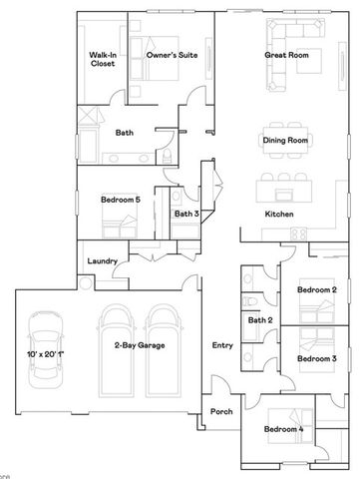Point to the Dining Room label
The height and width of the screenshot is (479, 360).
click(x=283, y=141)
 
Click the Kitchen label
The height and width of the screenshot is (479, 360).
click(x=279, y=215)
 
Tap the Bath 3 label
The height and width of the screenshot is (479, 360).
click(x=186, y=213)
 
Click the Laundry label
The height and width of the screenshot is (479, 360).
click(x=103, y=261)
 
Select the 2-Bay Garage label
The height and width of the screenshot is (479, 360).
click(x=139, y=345)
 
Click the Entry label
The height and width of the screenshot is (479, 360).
click(x=221, y=345)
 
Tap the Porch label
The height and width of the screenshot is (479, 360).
click(x=221, y=411)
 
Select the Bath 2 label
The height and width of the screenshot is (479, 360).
click(x=261, y=320)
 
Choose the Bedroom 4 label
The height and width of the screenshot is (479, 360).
click(x=283, y=429)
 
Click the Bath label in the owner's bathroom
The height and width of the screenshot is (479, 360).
click(x=125, y=132)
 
